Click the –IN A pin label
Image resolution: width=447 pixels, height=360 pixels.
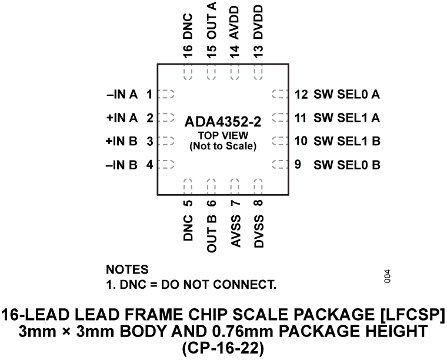pos(122,94)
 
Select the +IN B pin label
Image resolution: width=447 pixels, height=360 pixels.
pos(122,141)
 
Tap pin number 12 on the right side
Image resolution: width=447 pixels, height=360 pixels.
pos(301,94)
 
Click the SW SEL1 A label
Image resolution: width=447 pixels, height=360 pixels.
pos(346,118)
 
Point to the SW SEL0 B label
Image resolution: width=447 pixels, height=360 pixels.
pos(346,165)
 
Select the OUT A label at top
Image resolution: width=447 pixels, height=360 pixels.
pos(212,21)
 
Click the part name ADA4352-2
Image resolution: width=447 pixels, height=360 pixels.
pos(222,122)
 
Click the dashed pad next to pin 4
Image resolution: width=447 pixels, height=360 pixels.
pos(168,165)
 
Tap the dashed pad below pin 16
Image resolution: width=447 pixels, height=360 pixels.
pos(188,73)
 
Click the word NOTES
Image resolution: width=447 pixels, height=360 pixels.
pos(128,269)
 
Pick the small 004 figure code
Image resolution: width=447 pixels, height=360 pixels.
pos(386,276)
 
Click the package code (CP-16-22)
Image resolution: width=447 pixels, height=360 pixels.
pos(222,348)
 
